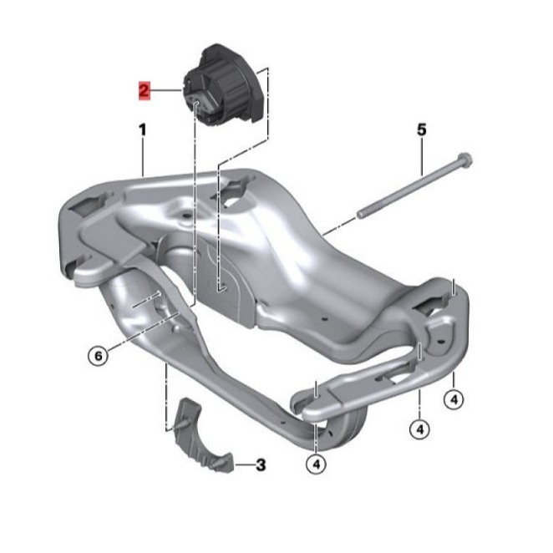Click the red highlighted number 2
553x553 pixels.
pos(145,91)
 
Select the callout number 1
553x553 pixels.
pos(143,129)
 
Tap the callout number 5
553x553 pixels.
pos(422,129)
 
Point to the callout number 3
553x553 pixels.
pos(261,464)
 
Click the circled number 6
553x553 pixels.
pos(98,356)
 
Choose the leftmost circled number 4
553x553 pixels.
pos(317,464)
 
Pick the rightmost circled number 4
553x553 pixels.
pos(454,399)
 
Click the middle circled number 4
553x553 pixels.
pos(419,429)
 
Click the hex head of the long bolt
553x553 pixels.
pos(464,160)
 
